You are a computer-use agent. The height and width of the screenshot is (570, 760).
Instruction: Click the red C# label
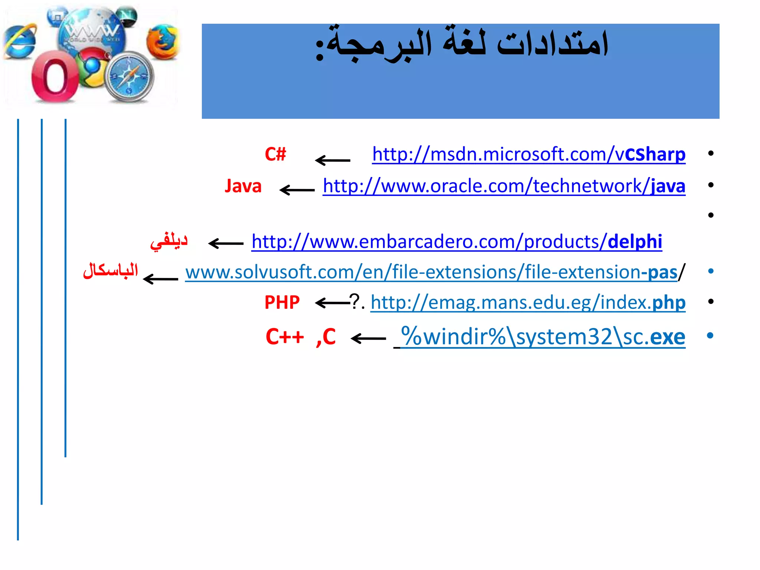[x=275, y=154]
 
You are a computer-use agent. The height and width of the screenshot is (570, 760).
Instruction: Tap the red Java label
[x=243, y=186]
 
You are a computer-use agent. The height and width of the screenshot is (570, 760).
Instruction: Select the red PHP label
[x=282, y=302]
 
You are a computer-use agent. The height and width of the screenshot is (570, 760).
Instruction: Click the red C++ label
[x=285, y=337]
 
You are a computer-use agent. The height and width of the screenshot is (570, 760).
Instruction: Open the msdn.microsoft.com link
[x=529, y=154]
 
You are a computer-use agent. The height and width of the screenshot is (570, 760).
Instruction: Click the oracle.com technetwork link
[x=504, y=186]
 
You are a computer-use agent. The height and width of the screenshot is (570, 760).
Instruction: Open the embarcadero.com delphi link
[x=457, y=242]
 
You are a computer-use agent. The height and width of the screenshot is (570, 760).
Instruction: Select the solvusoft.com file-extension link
[x=431, y=272]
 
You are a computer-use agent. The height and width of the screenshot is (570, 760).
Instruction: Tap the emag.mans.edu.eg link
[x=528, y=302]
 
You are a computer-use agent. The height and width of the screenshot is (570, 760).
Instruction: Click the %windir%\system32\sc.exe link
[x=543, y=337]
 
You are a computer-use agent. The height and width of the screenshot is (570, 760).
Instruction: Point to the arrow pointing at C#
[x=332, y=160]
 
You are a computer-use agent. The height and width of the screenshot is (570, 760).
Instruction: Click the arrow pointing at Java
[x=297, y=190]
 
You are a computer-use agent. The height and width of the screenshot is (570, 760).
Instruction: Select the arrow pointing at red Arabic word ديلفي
[x=226, y=243]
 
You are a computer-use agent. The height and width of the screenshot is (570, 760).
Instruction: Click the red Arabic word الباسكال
[x=110, y=270]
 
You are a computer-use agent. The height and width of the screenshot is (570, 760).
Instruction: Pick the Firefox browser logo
[x=163, y=42]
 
